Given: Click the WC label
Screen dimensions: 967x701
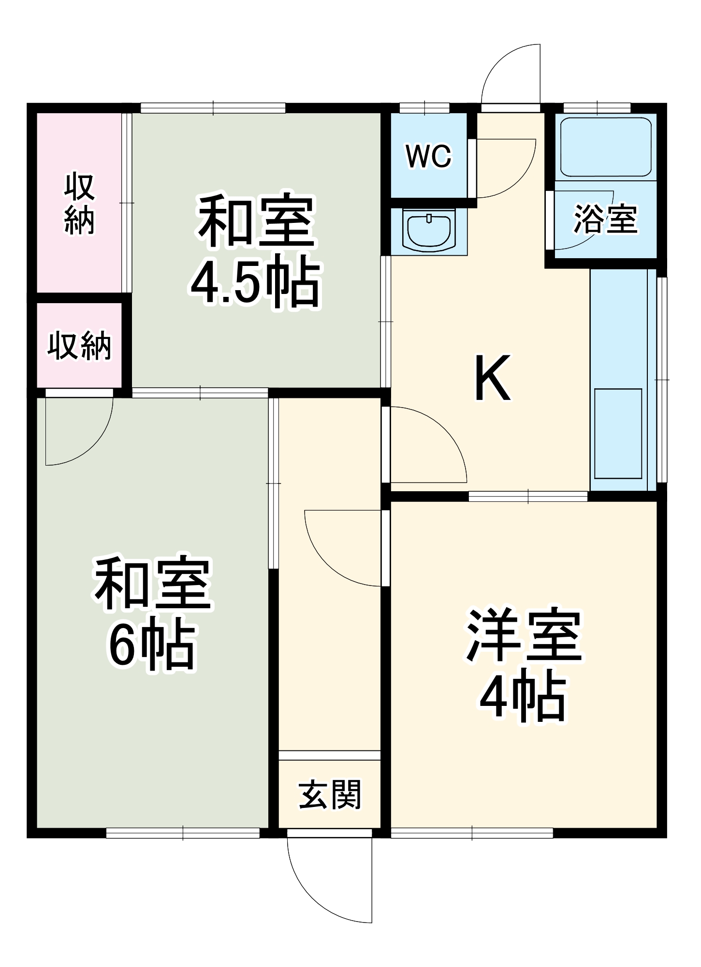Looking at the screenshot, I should (428, 156).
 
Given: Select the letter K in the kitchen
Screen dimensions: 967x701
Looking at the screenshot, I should (493, 378).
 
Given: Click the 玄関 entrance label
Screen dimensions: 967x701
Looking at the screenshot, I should (330, 795).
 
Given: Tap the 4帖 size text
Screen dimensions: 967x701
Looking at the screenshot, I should (523, 698).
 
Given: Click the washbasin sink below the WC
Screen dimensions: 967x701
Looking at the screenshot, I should (429, 230).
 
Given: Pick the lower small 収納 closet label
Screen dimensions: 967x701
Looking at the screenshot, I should (80, 345).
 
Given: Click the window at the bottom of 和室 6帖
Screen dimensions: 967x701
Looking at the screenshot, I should (183, 833).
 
